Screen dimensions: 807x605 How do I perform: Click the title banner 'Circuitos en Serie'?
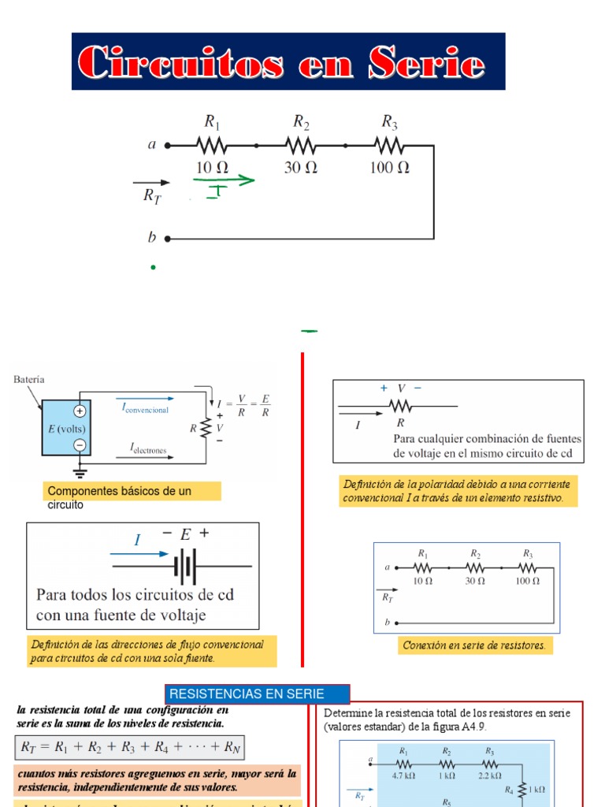tap(288, 61)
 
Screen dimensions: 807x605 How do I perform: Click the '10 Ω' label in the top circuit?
tap(212, 167)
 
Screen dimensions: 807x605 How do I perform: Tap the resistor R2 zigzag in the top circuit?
tap(301, 146)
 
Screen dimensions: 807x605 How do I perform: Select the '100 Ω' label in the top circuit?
tap(390, 167)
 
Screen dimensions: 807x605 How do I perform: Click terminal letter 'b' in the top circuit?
tap(152, 237)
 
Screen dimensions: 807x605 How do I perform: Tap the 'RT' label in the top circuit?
tap(152, 196)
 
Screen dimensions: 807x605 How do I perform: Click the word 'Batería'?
tap(29, 379)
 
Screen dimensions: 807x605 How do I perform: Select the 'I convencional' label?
tap(145, 408)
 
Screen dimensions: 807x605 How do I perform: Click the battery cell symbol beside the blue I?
tap(185, 565)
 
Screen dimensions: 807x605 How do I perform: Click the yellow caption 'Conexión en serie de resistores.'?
tap(474, 645)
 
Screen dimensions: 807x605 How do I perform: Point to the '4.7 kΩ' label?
tap(403, 775)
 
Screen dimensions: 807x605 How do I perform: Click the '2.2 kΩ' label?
tap(489, 775)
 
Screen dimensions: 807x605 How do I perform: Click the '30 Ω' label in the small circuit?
tap(474, 580)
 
